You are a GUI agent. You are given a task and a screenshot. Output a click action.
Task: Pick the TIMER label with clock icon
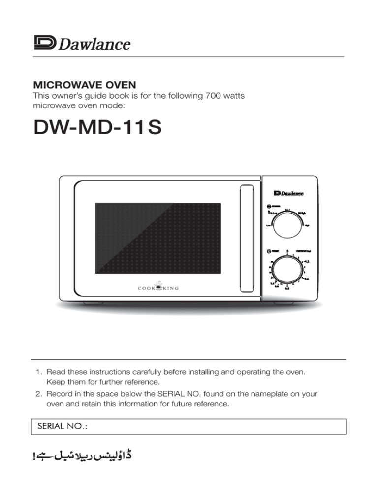click(271, 251)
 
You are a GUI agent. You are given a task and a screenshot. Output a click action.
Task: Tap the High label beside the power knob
click(307, 226)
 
